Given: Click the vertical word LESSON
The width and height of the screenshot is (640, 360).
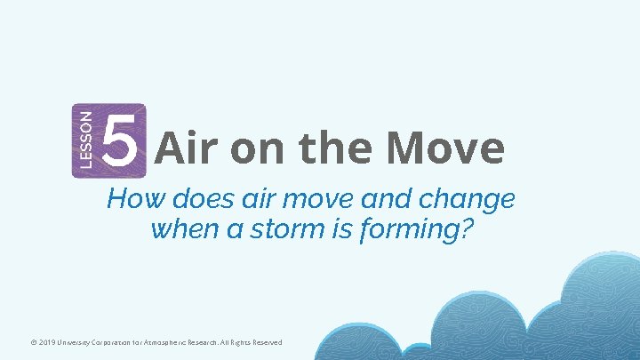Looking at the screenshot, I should pos(84,140).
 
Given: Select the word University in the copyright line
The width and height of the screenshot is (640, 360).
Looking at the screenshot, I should pos(57,342).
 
